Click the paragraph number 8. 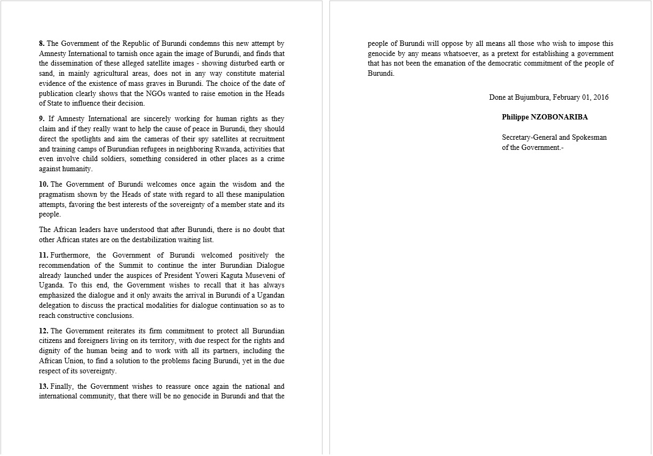coord(42,44)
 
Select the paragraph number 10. coord(43,185)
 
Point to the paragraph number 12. coord(43,331)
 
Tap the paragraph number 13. coord(43,387)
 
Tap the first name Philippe coord(516,117)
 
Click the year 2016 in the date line coord(600,98)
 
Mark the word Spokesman coord(590,138)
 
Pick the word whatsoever coord(463,54)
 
